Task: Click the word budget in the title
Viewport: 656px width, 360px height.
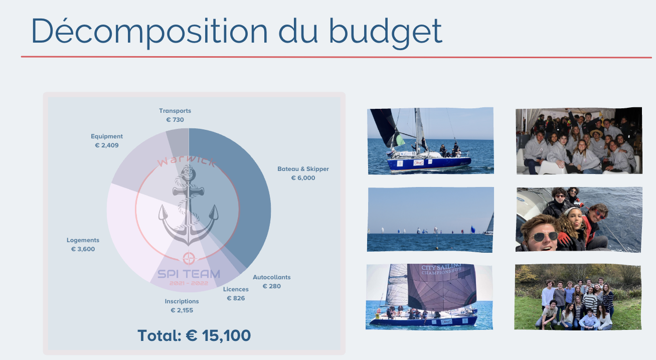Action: click(386, 33)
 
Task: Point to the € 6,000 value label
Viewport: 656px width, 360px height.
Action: click(303, 178)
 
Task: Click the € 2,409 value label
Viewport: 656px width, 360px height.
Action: click(107, 145)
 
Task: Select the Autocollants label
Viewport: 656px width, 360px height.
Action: click(271, 277)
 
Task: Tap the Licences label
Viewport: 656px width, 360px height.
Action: click(236, 289)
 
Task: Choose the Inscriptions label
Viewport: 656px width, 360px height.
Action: click(182, 301)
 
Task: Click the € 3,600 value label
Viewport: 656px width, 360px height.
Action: click(83, 249)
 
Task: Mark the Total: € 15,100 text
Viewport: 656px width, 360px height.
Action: click(194, 335)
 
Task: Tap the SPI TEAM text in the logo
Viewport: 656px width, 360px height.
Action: click(189, 274)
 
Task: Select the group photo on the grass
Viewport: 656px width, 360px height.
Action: click(578, 297)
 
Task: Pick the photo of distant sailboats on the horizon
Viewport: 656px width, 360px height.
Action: click(430, 220)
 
